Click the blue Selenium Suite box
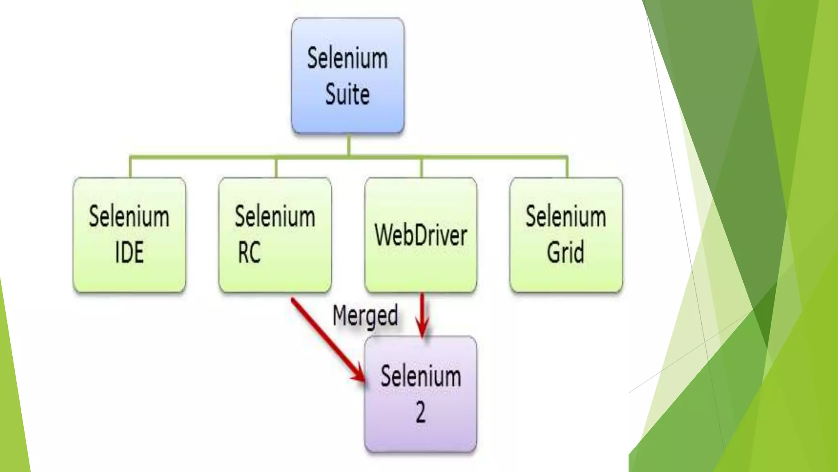pyautogui.click(x=348, y=76)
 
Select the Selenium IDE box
pyautogui.click(x=129, y=234)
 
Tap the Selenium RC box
pyautogui.click(x=275, y=234)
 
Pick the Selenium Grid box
pyautogui.click(x=566, y=234)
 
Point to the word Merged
pyautogui.click(x=365, y=316)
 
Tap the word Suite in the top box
pyautogui.click(x=347, y=94)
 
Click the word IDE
pyautogui.click(x=129, y=252)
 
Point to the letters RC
pyautogui.click(x=249, y=252)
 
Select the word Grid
pyautogui.click(x=565, y=252)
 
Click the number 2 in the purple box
pyautogui.click(x=421, y=412)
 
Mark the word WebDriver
pyautogui.click(x=421, y=236)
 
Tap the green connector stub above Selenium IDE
pyautogui.click(x=130, y=167)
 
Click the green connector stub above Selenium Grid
pyautogui.click(x=567, y=167)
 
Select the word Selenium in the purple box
pyautogui.click(x=421, y=376)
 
